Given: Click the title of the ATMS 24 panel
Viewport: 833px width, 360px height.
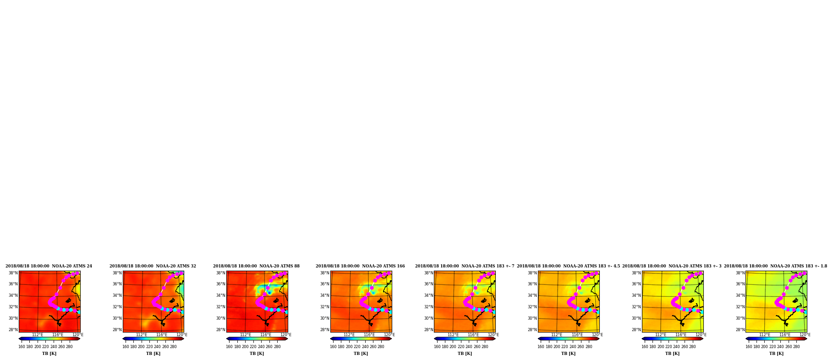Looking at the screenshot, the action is click(49, 266).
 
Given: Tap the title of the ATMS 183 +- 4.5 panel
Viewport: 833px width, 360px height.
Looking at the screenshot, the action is click(568, 266).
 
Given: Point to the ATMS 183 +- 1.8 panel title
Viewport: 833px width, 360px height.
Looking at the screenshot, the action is click(775, 266).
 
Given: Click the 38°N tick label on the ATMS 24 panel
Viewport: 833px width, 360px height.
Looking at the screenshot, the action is click(13, 273).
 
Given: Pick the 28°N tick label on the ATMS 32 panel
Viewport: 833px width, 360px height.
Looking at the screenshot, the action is click(117, 330).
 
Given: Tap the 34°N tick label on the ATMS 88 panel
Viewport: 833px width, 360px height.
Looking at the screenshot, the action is click(221, 295).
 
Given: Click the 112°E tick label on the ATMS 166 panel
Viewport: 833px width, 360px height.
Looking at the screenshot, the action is click(349, 335).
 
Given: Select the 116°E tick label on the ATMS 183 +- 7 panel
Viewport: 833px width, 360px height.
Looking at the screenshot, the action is click(473, 335).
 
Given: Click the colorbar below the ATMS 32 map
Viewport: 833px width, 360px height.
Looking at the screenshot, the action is click(153, 339).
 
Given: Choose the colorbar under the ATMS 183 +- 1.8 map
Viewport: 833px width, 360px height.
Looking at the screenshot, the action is click(776, 339).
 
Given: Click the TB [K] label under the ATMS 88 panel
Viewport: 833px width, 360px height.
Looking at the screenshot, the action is click(257, 354).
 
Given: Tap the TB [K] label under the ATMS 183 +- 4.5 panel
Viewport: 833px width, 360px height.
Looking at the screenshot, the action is click(568, 354).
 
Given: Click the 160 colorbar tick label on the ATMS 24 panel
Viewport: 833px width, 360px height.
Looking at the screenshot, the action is click(22, 347).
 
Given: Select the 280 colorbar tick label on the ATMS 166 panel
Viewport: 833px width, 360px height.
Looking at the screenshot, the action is click(381, 347).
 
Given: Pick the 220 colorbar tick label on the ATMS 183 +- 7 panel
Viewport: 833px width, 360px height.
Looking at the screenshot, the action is click(461, 347).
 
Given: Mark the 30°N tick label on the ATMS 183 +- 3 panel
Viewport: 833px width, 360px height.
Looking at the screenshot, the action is click(636, 318).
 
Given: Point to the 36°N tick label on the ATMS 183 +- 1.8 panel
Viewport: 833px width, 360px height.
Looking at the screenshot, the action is click(740, 284).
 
